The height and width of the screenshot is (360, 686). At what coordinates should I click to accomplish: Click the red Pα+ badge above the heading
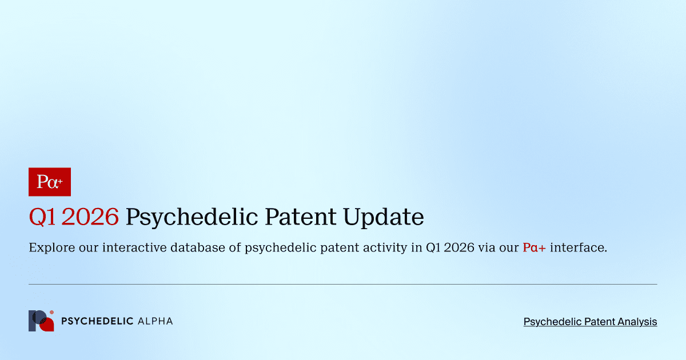[49, 182]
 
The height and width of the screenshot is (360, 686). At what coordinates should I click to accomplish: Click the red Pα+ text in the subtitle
[534, 248]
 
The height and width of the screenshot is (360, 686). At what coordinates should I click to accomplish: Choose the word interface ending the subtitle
[578, 248]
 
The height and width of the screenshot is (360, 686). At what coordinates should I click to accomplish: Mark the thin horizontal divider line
[343, 284]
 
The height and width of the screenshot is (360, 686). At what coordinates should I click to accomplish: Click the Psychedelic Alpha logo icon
[41, 321]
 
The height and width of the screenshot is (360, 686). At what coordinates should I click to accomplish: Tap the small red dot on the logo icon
[52, 313]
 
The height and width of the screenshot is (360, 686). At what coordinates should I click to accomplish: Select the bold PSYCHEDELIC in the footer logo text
[97, 321]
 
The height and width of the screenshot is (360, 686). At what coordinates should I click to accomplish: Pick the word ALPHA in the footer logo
[155, 321]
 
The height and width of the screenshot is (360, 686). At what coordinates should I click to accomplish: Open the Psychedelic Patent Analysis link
[590, 322]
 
